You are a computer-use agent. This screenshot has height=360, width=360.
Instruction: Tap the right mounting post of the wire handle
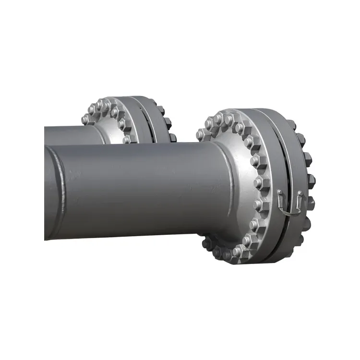[300, 198]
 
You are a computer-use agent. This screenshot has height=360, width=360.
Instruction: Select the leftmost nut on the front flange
[201, 135]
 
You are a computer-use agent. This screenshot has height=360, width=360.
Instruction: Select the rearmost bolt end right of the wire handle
[311, 180]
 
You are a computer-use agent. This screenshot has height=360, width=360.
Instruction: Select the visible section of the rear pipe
[70, 134]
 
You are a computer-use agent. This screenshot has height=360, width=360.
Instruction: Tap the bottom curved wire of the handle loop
[289, 212]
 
